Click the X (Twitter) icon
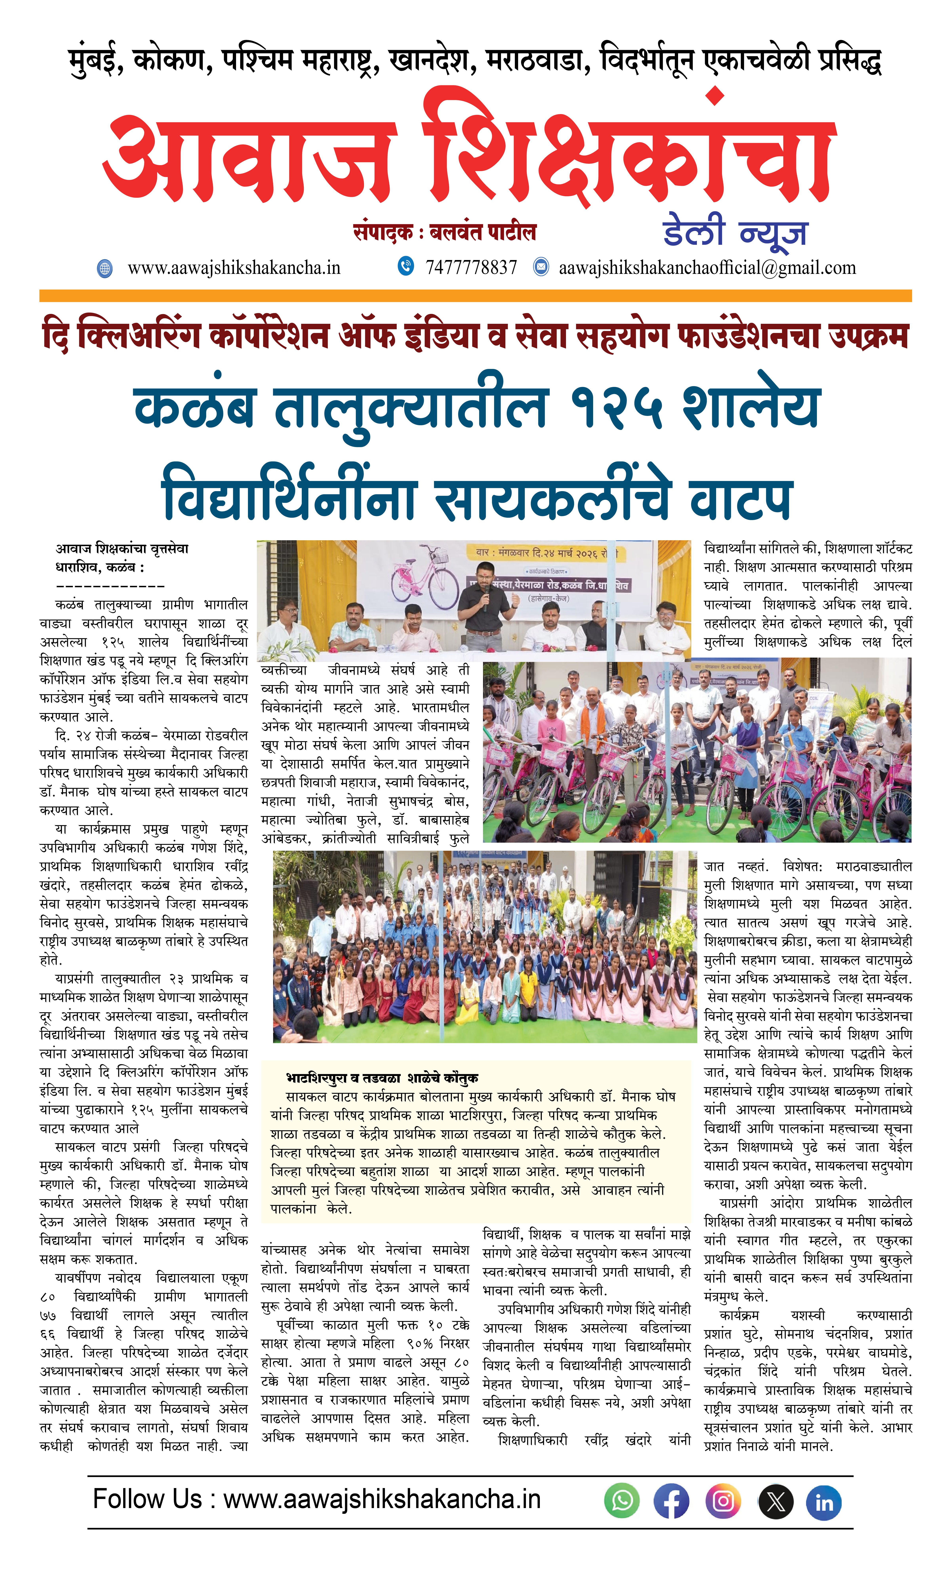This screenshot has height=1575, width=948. point(775,1501)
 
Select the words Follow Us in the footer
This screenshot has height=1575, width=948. point(147,1499)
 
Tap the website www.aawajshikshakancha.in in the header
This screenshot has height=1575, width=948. point(234,268)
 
